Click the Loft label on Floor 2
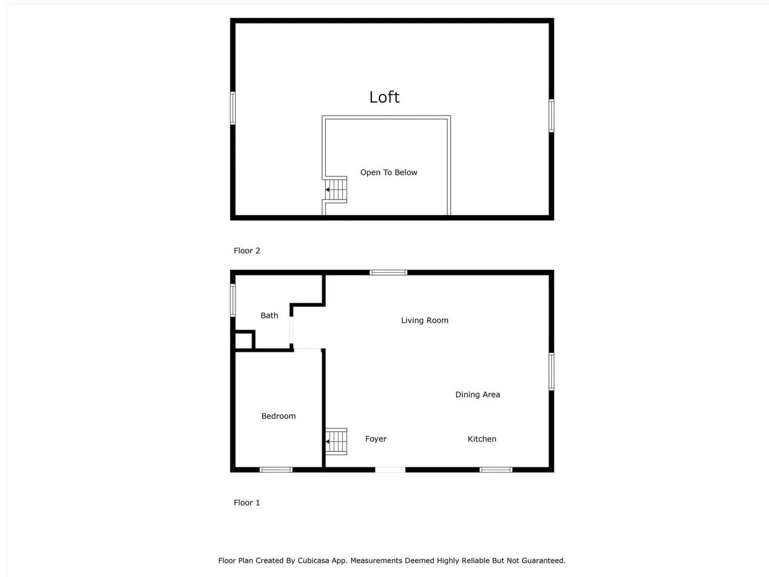point(384,97)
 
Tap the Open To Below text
point(389,173)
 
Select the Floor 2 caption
point(247,251)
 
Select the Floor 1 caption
point(247,503)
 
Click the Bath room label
point(269,315)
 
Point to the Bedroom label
point(279,416)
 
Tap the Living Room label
point(425,320)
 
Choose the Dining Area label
point(477,394)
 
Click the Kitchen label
point(482,439)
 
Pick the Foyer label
point(375,439)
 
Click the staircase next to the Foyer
point(336,441)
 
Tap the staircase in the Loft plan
point(336,190)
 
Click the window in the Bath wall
point(233,300)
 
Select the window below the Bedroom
point(276,470)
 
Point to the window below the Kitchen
point(496,470)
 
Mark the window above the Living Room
point(389,272)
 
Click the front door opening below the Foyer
point(390,470)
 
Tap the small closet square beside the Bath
point(244,340)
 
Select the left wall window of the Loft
point(233,108)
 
